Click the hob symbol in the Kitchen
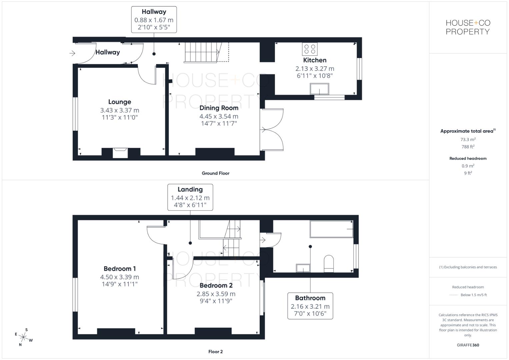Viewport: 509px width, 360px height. pos(310,49)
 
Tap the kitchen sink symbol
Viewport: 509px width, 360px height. pos(319,89)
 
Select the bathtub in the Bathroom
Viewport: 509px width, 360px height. pos(332,229)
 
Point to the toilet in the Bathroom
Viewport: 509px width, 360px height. pos(329,264)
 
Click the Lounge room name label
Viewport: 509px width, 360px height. pos(120,102)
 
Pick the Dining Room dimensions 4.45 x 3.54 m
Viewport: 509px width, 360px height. pos(219,116)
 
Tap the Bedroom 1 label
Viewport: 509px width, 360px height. pos(120,269)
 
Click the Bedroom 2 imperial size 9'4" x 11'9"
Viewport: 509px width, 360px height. pos(216,301)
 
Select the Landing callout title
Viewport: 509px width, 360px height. pos(190,189)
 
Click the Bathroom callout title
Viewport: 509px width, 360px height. pos(310,298)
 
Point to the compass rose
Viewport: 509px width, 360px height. pos(23,337)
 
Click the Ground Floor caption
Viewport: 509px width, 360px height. pos(215,173)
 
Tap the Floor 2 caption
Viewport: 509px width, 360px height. pos(215,352)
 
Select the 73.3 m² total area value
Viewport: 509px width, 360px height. pos(468,139)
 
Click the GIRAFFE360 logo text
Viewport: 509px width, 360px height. pos(468,345)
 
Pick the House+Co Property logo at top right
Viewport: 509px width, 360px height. pos(468,27)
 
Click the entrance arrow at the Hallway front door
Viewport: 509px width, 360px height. pos(72,53)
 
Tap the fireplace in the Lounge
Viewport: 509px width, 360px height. pos(120,153)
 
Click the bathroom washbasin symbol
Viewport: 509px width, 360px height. pos(303,268)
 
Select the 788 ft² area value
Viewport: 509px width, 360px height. pos(468,147)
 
